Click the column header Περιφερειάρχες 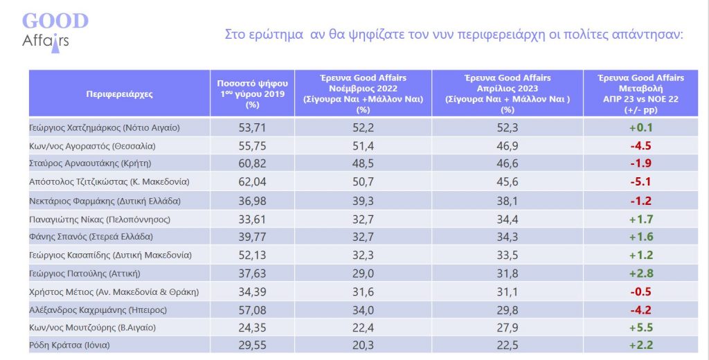click(x=120, y=93)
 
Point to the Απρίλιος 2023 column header click(x=508, y=93)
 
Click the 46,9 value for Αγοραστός click(x=508, y=146)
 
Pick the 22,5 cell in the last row click(x=508, y=345)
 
